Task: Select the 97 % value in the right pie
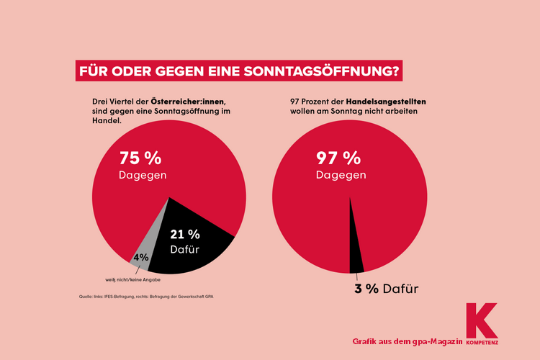[338, 158]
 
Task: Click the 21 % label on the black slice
[184, 234]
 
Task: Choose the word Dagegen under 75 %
[143, 176]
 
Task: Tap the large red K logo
[480, 318]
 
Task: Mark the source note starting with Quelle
[144, 297]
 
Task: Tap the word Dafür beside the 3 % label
[401, 289]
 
